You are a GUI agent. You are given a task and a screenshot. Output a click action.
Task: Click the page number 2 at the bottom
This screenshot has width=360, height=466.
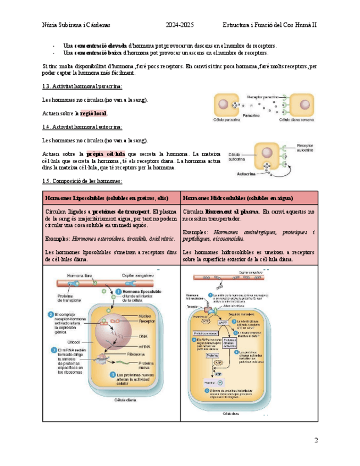[x=316, y=440]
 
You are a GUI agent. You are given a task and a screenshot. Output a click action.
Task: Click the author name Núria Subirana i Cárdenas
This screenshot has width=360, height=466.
[x=76, y=25]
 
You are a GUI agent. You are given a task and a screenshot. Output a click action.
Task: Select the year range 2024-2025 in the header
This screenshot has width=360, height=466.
[x=180, y=25]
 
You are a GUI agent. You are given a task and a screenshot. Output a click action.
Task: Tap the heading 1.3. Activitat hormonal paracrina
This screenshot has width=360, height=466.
[x=82, y=87]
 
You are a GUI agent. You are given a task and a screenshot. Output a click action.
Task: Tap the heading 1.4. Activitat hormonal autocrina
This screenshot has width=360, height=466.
[x=82, y=127]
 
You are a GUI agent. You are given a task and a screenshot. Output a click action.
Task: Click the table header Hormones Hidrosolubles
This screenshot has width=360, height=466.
[x=237, y=197]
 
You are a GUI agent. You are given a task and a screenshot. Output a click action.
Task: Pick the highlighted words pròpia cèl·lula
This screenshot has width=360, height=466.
[x=106, y=154]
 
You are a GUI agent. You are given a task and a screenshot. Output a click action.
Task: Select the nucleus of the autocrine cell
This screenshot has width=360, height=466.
[x=268, y=154]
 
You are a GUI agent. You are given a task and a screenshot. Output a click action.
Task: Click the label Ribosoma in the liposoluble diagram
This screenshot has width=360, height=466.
[x=146, y=354]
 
